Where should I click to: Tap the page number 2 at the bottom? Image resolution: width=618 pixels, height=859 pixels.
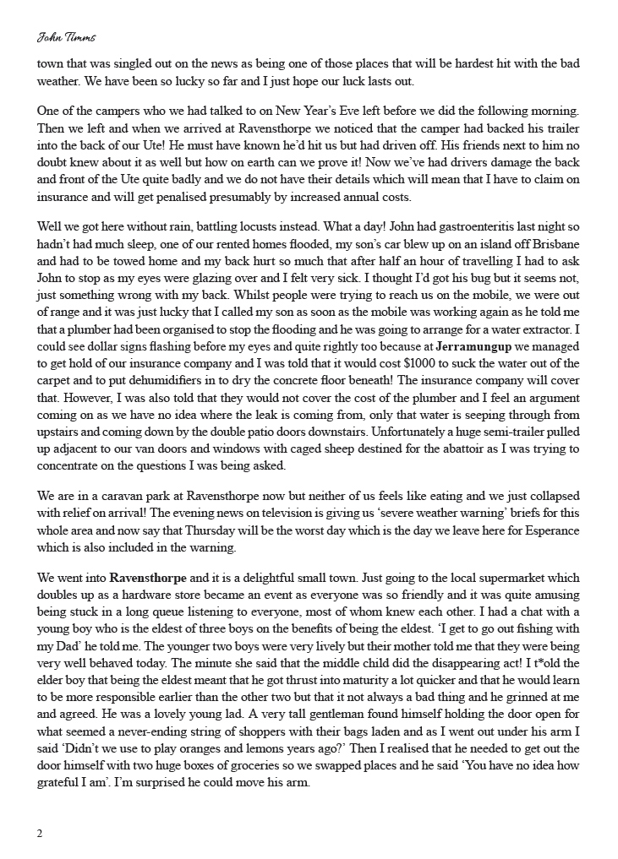pos(40,834)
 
